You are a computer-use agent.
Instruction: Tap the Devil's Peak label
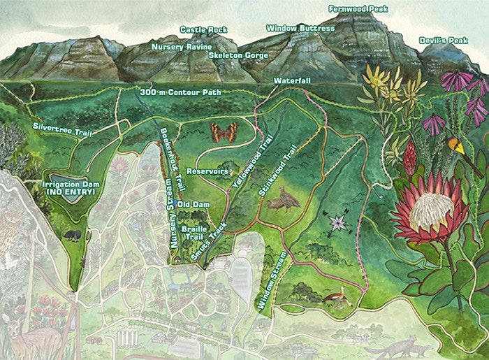(444, 41)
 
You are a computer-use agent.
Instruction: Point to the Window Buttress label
(300, 28)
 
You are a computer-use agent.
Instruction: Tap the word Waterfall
(292, 80)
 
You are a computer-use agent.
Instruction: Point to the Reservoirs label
(208, 171)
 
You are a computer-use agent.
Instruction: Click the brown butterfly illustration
(224, 131)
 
